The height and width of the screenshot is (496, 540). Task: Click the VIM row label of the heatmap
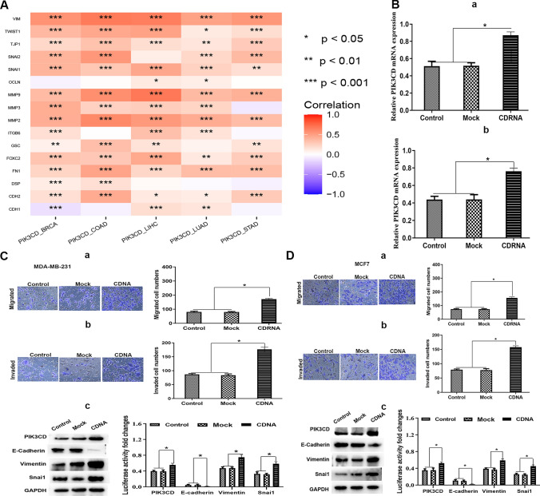click(16, 17)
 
